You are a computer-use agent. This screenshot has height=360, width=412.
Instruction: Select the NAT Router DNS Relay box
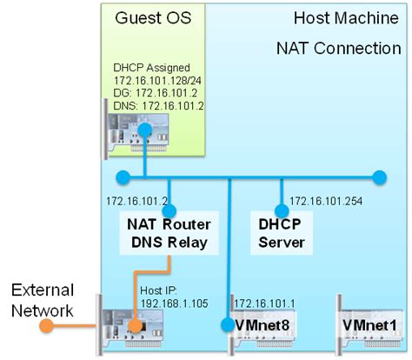[x=168, y=233]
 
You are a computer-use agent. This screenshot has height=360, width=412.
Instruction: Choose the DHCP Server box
[x=281, y=233]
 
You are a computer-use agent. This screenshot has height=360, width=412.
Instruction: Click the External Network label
[x=42, y=301]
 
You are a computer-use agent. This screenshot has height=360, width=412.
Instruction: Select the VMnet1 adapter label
[x=369, y=325]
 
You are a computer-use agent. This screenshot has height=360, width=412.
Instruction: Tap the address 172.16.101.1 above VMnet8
[x=266, y=302]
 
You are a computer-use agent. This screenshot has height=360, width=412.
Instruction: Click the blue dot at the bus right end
[x=379, y=178]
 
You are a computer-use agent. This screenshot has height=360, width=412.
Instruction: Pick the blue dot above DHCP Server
[x=281, y=210]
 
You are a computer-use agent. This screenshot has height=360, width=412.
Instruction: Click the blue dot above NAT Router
[x=169, y=210]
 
